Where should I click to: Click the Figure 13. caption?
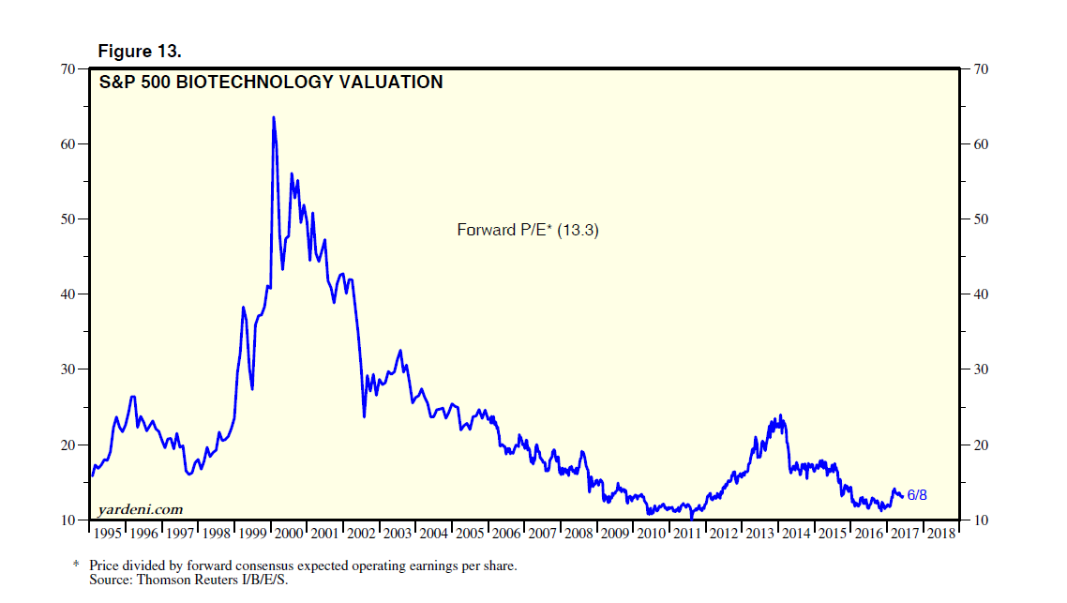click(x=140, y=51)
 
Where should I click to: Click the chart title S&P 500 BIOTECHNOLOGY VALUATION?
click(x=271, y=83)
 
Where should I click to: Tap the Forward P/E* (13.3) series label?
click(x=527, y=229)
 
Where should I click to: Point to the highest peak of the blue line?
click(x=273, y=117)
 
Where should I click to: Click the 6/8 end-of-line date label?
click(x=917, y=495)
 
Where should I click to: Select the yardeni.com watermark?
click(x=140, y=509)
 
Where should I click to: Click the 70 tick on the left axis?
click(x=68, y=69)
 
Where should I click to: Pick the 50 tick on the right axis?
click(x=982, y=219)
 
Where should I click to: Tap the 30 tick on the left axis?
click(x=68, y=369)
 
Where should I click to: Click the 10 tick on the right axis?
click(x=982, y=520)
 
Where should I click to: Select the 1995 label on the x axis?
click(x=108, y=534)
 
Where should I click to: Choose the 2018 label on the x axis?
click(x=940, y=534)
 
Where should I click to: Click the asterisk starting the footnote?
click(x=77, y=566)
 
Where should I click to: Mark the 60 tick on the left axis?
click(x=68, y=144)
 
